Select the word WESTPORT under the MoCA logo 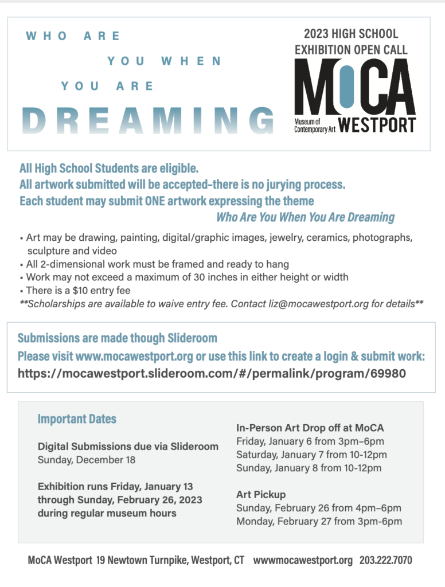pos(377,124)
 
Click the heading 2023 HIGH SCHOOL pos(351,34)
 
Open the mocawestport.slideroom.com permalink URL pos(212,374)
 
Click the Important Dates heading pos(77,419)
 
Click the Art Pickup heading pos(261,494)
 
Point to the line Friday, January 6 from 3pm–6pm pos(310,441)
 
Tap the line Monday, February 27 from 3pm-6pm pos(319,521)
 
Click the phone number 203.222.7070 pos(385,561)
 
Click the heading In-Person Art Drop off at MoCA pos(310,428)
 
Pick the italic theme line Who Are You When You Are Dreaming pos(305,217)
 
